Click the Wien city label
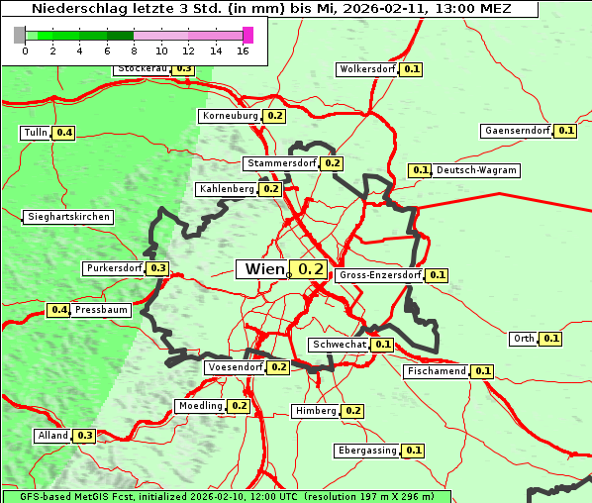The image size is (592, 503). pos(262,269)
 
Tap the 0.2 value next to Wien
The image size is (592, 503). pos(310,269)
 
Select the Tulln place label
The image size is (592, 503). pos(35,133)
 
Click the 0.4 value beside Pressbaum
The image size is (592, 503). pos(58,310)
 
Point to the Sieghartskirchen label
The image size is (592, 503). pos(68,217)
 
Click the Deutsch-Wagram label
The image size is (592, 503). pos(476,170)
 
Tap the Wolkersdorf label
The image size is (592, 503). pos(367,69)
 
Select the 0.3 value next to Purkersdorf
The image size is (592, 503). pos(157,268)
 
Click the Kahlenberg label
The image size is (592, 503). pos(227,188)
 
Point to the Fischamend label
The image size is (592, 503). pos(436,371)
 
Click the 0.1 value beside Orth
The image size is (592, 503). pos(551,339)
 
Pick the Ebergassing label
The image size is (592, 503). pos(366,451)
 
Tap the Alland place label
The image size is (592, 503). pos(52,436)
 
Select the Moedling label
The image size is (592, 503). pos(200,406)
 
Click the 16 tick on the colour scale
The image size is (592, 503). pos(244,50)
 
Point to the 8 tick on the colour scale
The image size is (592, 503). pos(133,50)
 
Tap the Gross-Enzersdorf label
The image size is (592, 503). pos(380,275)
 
